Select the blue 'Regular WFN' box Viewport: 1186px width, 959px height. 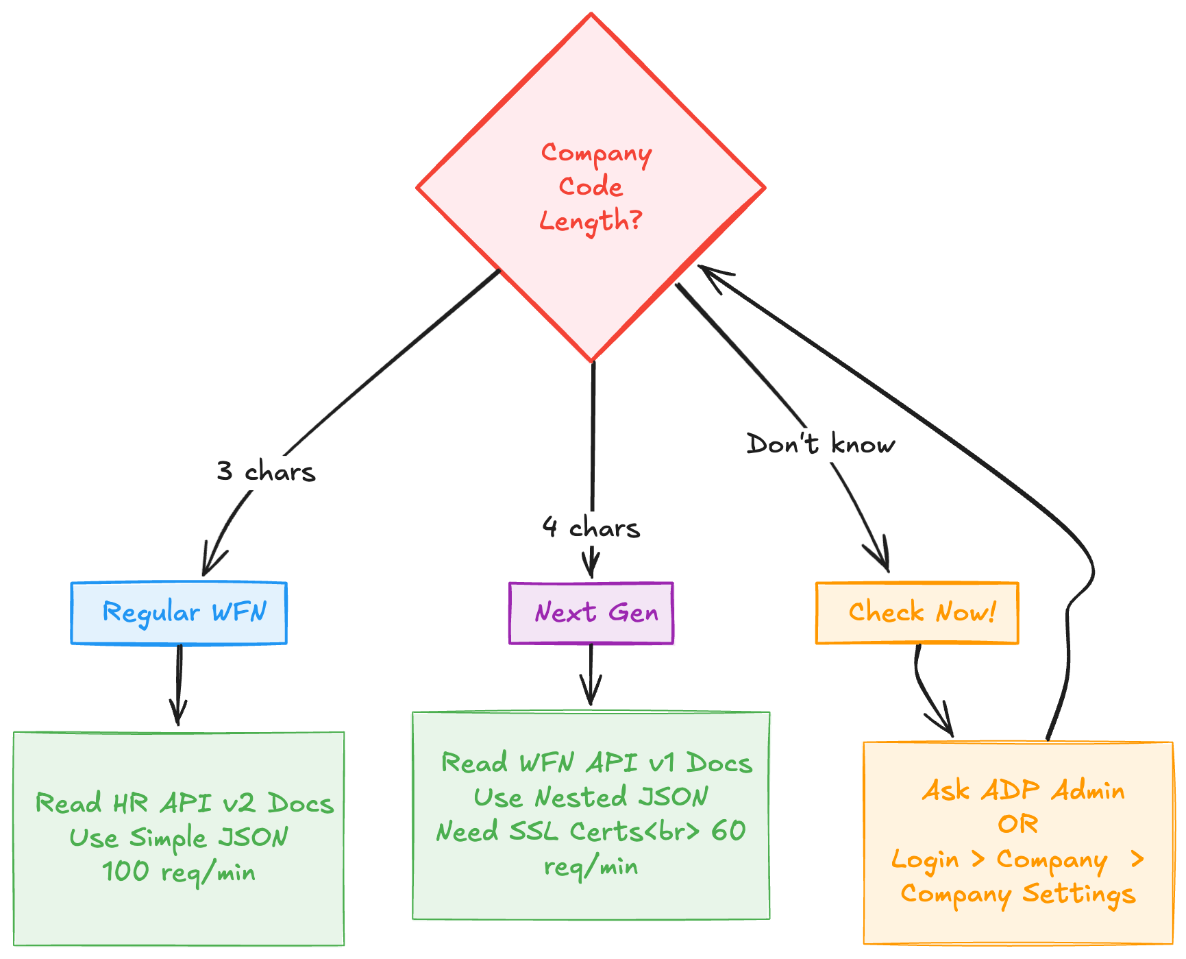[179, 613]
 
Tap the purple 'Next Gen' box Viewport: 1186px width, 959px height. [591, 613]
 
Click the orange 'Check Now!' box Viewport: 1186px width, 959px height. [917, 613]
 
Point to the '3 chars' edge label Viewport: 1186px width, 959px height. [266, 472]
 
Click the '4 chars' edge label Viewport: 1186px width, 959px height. [591, 527]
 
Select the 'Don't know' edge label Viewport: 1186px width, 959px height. [820, 444]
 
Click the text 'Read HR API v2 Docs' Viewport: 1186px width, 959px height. [184, 803]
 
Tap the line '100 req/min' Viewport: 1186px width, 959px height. [179, 872]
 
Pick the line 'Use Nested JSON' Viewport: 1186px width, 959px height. [591, 797]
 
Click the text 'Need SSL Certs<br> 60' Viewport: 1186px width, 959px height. [591, 831]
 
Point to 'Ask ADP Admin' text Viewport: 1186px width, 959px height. [1023, 790]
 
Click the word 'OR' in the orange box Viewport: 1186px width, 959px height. [1018, 824]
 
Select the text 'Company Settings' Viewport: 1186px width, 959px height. [1018, 894]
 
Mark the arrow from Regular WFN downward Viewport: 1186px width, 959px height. [179, 685]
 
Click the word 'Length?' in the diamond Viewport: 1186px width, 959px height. [591, 221]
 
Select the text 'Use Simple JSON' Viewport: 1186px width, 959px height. [179, 838]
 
